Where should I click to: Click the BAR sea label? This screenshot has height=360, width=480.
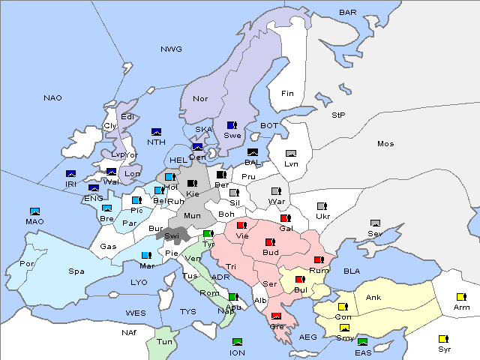click(347, 12)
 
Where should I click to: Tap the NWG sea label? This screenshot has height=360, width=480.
click(171, 49)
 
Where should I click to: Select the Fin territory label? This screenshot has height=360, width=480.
click(287, 94)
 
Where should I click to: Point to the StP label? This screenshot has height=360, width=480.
click(338, 115)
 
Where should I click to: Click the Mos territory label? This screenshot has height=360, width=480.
click(385, 143)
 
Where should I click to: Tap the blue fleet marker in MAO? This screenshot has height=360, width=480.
click(34, 212)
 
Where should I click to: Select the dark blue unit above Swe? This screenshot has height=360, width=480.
click(232, 125)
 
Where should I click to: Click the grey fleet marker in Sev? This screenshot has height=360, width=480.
click(375, 223)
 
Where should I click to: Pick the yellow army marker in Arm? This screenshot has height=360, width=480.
click(461, 296)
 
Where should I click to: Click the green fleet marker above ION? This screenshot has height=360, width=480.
click(237, 342)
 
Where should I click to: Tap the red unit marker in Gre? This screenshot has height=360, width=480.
click(276, 316)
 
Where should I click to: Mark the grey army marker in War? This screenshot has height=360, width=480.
click(276, 190)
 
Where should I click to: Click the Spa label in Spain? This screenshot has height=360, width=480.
click(76, 271)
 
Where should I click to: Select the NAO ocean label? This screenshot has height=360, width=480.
click(52, 98)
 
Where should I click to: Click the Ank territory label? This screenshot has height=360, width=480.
click(373, 298)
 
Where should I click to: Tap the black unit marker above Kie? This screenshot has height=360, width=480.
click(192, 184)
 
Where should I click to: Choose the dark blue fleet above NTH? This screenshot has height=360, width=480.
click(156, 132)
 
